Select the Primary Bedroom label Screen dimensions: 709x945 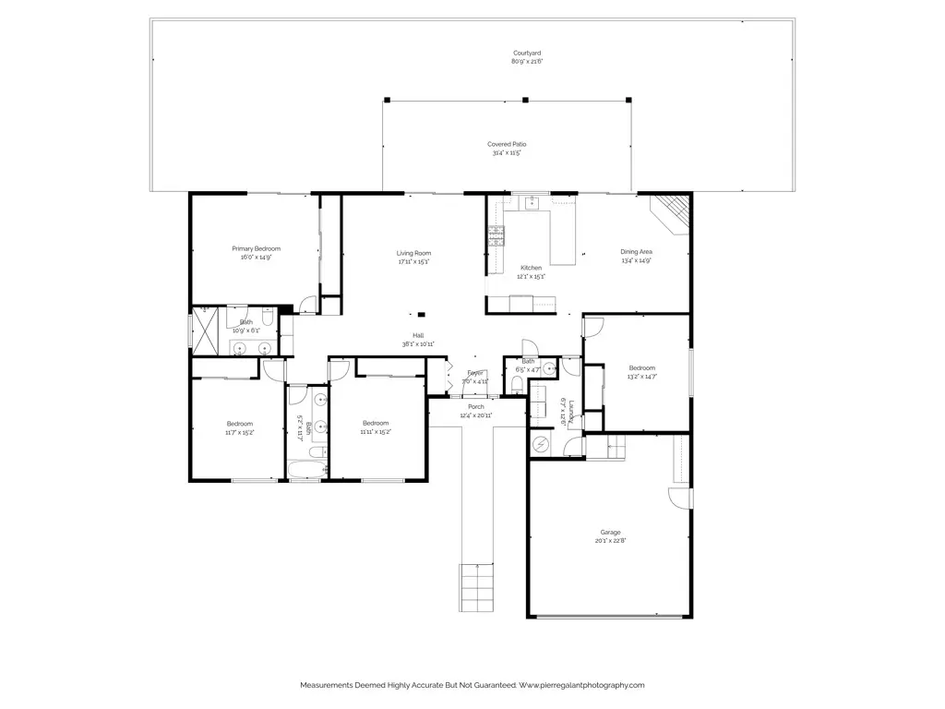(x=256, y=248)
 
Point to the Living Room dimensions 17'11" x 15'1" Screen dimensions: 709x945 (x=413, y=262)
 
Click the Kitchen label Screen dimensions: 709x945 (x=531, y=268)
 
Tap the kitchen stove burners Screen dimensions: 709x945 (x=496, y=235)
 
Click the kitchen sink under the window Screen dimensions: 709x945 (x=532, y=204)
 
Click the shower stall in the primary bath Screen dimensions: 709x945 (x=209, y=329)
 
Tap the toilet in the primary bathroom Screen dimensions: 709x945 (x=267, y=319)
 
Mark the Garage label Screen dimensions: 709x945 (x=610, y=532)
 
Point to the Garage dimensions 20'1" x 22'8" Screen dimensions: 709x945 (x=610, y=541)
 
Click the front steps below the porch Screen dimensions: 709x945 (x=478, y=583)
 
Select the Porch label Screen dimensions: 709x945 (x=476, y=406)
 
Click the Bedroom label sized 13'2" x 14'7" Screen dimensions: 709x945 (x=641, y=367)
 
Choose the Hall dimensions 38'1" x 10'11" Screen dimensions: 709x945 (x=418, y=344)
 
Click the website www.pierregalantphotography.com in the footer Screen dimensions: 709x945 (x=581, y=685)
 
